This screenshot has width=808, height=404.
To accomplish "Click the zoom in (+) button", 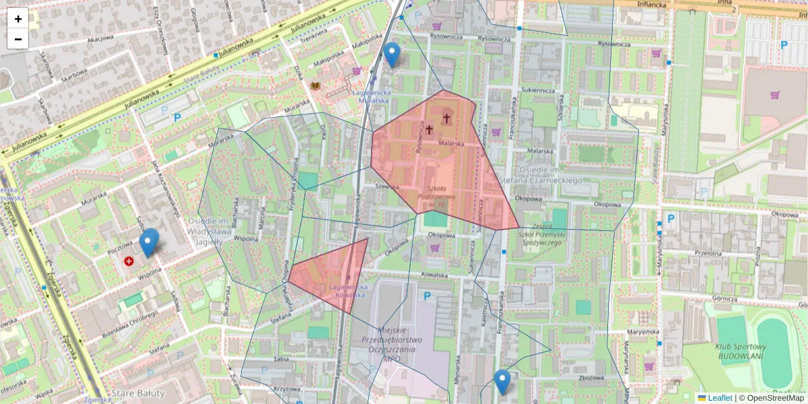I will pos(18,19).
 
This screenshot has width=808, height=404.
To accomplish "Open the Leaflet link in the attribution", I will pos(719,398).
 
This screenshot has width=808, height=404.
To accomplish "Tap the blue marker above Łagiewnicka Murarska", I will pos(392,54).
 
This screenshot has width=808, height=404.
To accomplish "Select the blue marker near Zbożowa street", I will pos(502,382).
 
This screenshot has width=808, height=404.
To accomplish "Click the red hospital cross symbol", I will pos(129,260).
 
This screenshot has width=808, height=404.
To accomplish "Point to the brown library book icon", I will pos(314,86).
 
